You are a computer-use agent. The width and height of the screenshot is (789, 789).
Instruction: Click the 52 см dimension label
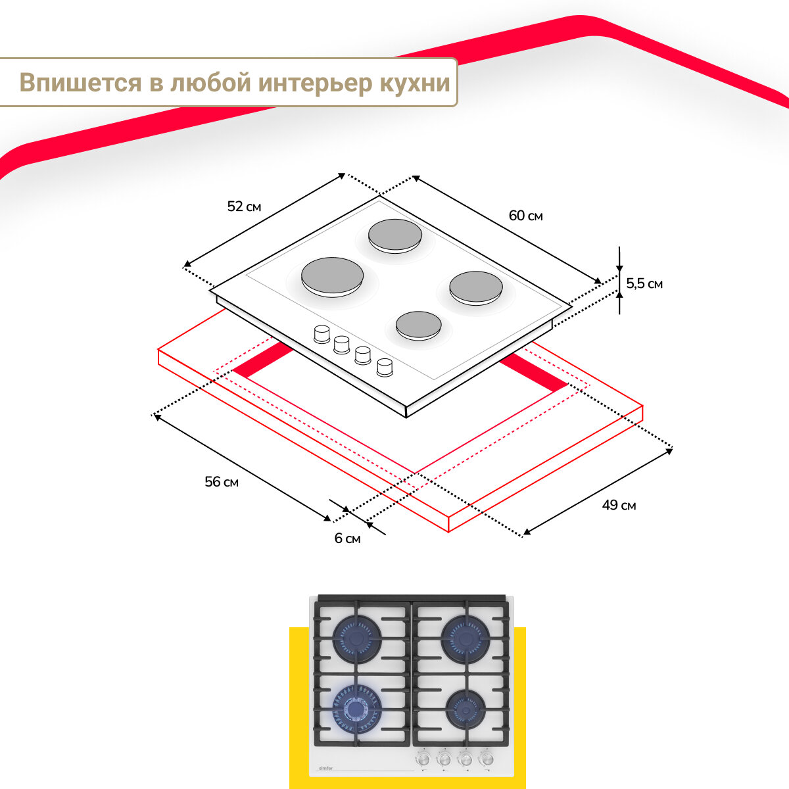click(244, 206)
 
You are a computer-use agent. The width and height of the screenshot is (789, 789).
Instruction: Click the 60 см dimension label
click(526, 216)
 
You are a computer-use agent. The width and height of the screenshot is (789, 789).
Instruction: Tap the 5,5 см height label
click(644, 284)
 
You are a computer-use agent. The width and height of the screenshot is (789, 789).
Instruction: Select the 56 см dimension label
click(222, 482)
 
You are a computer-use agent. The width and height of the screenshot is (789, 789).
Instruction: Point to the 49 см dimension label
click(619, 505)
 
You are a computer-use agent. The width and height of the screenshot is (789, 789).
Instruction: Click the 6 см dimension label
click(347, 538)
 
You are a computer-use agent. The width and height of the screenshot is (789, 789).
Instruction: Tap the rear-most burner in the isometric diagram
click(394, 235)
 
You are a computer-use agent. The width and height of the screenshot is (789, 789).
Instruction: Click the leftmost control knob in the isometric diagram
click(322, 334)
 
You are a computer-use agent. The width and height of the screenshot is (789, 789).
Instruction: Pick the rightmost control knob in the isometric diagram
click(385, 367)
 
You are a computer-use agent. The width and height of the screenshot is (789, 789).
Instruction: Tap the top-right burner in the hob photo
click(466, 637)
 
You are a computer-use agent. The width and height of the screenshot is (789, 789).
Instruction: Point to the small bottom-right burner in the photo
click(466, 709)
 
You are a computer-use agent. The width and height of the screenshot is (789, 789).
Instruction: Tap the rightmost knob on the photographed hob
click(487, 759)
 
